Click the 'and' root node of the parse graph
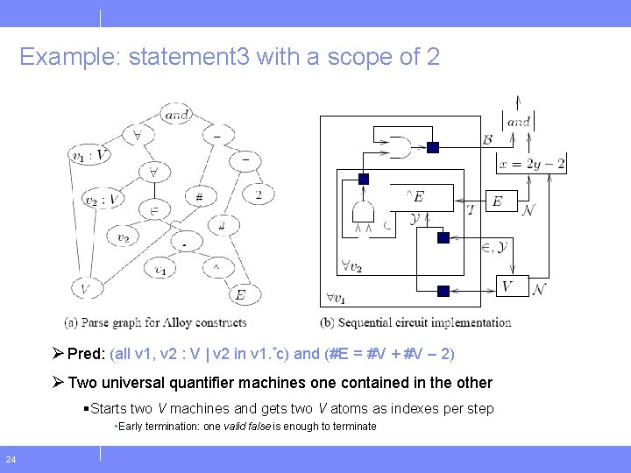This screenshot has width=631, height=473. coord(176,114)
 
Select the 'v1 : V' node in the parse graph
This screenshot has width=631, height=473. coord(90,156)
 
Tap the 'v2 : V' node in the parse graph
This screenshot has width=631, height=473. coord(103,199)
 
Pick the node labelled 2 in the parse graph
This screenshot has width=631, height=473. coord(258,194)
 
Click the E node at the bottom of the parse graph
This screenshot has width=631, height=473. coord(239,295)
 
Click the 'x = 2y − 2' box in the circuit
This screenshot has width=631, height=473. coord(531,164)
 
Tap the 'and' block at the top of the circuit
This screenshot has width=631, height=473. coord(518,122)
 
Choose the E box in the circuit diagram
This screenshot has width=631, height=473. coord(497,201)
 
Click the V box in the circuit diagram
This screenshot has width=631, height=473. coord(507,286)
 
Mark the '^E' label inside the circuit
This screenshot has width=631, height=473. coord(415,197)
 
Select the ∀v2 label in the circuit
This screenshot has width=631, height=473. coord(352,266)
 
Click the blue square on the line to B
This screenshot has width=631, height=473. coord(432,147)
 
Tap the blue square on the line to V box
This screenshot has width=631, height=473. coord(443,291)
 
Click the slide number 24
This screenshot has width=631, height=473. coord(11,459)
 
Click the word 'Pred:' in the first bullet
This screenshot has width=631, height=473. coord(87,354)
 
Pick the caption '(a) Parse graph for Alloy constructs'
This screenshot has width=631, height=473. coord(155,322)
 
